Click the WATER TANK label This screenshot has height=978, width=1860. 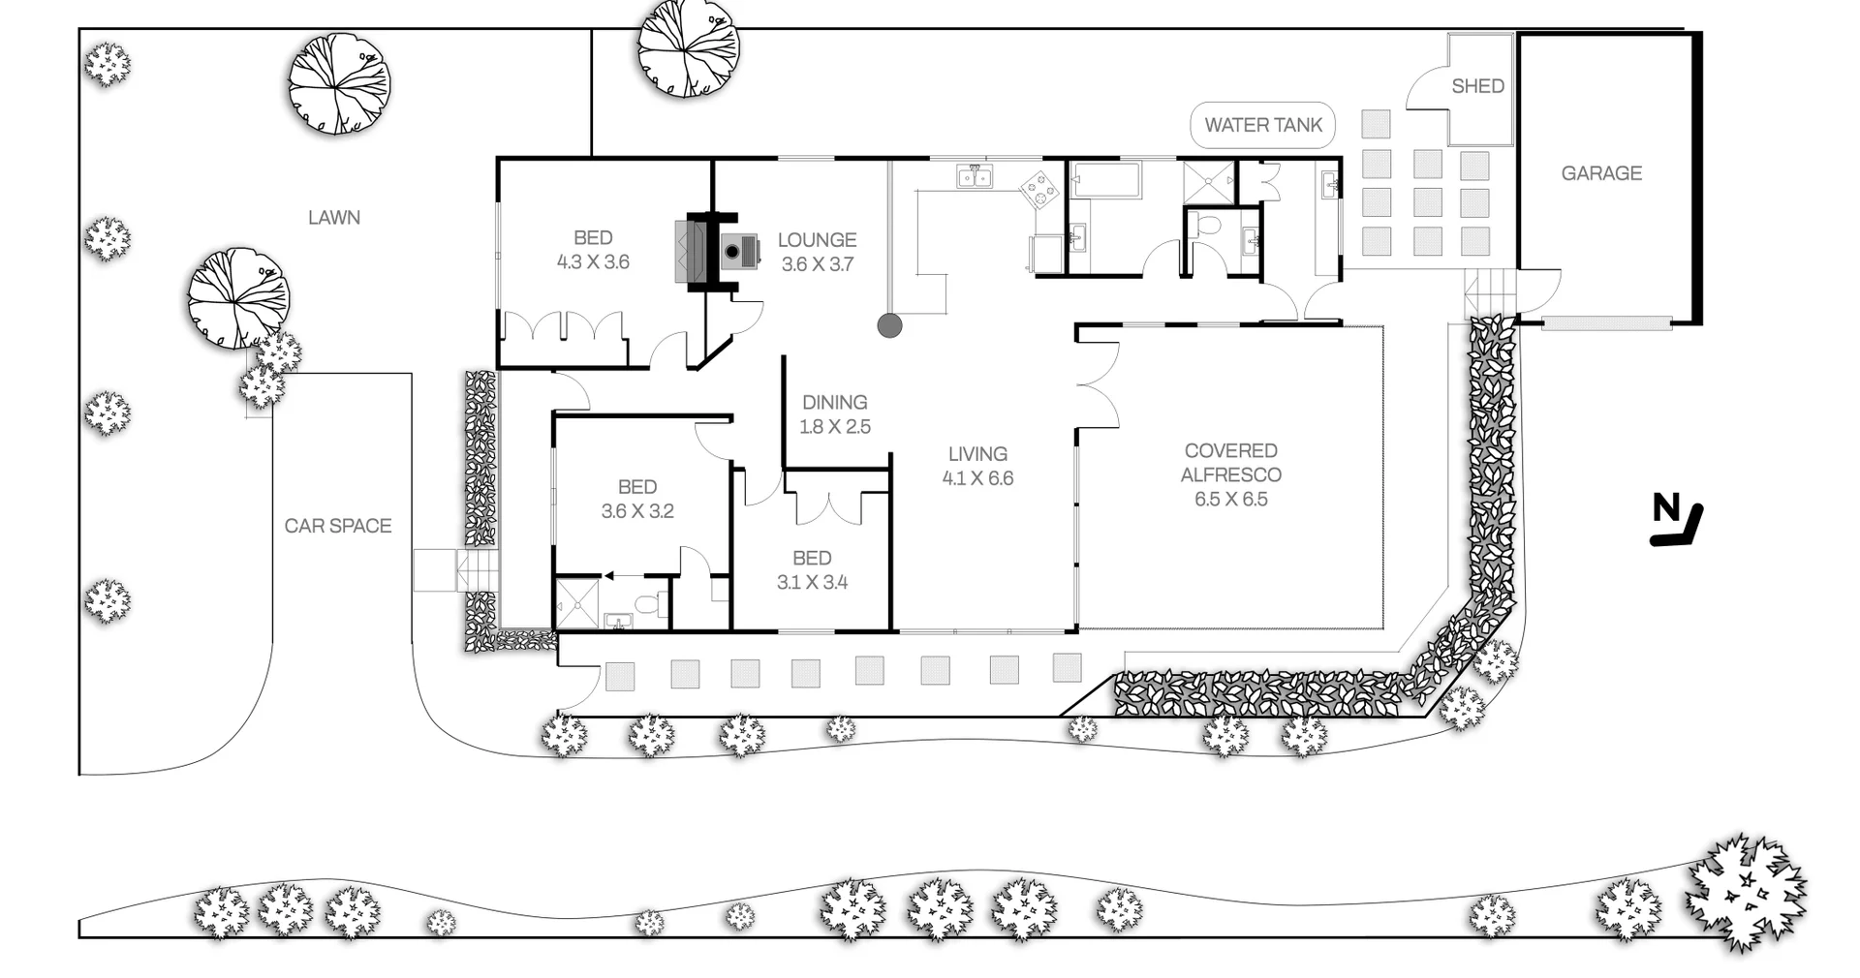[1263, 125]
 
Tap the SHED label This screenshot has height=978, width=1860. [1477, 86]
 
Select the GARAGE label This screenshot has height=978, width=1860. [1601, 173]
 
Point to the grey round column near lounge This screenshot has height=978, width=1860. [889, 325]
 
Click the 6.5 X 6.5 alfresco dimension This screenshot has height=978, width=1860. [1230, 500]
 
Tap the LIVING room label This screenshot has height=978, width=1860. [977, 453]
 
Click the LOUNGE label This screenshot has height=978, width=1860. [817, 239]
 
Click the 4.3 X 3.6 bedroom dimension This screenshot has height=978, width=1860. [593, 261]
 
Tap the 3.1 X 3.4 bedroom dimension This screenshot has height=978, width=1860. [812, 582]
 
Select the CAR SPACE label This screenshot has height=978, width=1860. [338, 526]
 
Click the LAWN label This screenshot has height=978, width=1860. [334, 218]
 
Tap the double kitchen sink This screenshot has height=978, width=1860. [975, 175]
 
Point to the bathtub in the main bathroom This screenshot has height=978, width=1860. [1106, 181]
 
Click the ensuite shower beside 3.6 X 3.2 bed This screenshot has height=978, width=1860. [577, 604]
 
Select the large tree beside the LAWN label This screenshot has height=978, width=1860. [340, 84]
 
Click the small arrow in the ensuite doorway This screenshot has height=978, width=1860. [610, 575]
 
